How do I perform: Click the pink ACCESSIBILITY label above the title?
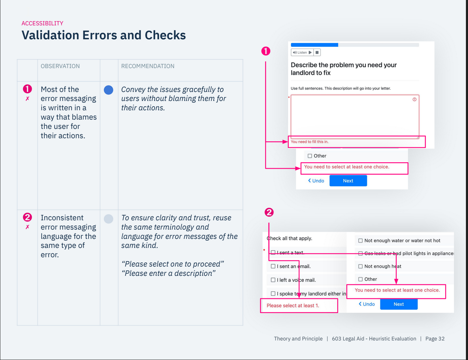tap(42, 23)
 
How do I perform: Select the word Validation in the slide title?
tap(50, 35)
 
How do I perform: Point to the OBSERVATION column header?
tap(60, 66)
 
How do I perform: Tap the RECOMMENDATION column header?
tap(148, 66)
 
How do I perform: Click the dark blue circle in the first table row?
tap(109, 90)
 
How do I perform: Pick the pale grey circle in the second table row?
tap(109, 219)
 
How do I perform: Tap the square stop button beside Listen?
tap(317, 52)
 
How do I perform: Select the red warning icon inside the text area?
tap(415, 100)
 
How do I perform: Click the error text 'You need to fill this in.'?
tap(309, 142)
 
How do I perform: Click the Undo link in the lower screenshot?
tap(367, 304)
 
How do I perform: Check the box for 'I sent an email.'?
tap(273, 266)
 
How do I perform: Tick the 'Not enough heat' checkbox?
tap(360, 266)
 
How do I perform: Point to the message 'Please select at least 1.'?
tap(293, 306)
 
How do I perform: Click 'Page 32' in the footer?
tap(435, 339)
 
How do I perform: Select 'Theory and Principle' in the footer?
tap(298, 339)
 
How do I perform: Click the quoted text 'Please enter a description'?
tap(168, 273)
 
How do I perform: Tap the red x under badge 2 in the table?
tap(27, 227)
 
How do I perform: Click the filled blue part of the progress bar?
tap(314, 45)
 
